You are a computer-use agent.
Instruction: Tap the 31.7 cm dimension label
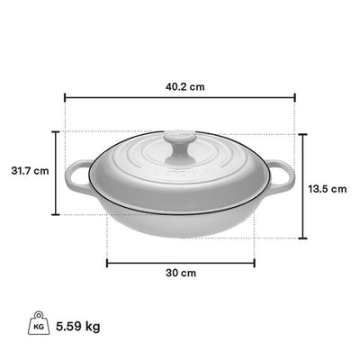(x=29, y=170)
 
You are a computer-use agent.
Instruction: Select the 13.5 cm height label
(x=328, y=189)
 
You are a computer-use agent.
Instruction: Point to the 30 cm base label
(x=182, y=273)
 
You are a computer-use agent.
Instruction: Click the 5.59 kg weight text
(x=77, y=326)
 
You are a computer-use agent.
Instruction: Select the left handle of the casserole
(x=80, y=175)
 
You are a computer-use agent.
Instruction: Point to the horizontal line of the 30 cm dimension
(x=180, y=262)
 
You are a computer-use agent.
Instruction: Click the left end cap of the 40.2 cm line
(x=66, y=99)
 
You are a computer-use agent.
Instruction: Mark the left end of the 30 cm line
(x=107, y=262)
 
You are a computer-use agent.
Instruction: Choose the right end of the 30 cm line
(x=255, y=262)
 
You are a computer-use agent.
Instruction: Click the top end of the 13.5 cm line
(x=301, y=133)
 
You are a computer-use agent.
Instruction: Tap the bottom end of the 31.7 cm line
(x=56, y=215)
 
